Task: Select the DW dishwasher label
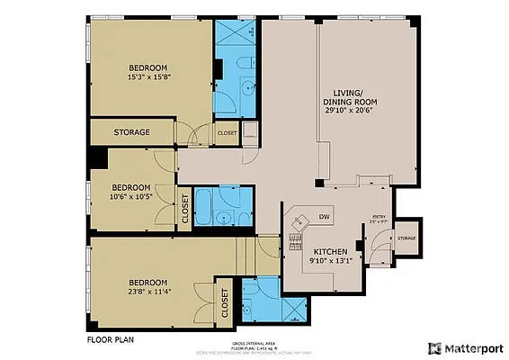(325, 216)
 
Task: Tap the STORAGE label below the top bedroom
(131, 132)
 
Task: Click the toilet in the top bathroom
(246, 65)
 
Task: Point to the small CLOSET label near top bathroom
(227, 132)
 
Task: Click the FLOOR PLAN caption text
(111, 341)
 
